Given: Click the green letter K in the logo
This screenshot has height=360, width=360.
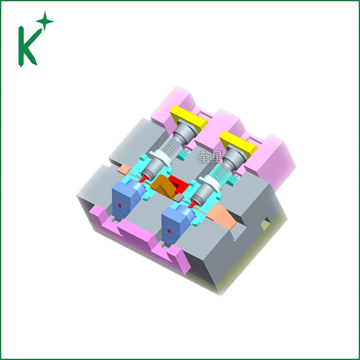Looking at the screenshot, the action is [x=26, y=47].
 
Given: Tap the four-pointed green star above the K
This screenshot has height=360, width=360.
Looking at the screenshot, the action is [x=45, y=21].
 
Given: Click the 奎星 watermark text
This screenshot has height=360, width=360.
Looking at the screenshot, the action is [x=210, y=156].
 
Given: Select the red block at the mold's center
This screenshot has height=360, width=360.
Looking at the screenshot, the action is [x=179, y=184].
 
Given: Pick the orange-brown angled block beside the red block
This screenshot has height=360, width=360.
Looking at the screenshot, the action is [x=164, y=186].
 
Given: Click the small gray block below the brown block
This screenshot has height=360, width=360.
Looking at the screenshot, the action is [x=179, y=197].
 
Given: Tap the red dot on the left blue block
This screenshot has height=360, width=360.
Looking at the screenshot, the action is [x=120, y=205].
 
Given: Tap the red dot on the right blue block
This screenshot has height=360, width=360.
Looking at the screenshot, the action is [x=169, y=231].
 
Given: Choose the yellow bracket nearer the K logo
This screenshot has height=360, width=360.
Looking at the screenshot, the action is [x=189, y=117].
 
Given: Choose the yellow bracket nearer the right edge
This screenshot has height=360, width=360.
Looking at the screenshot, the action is [x=238, y=143].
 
